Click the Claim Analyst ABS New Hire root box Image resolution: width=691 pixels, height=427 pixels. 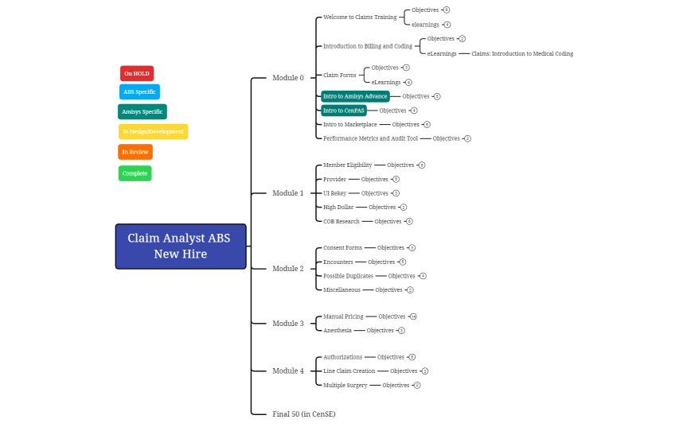coord(181,246)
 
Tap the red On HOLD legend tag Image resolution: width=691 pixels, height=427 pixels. coord(137,73)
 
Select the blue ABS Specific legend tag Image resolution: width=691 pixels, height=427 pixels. coord(139,91)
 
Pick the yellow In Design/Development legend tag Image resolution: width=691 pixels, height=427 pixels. coord(154,131)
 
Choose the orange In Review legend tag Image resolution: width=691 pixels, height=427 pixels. coord(135,151)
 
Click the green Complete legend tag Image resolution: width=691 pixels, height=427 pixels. coord(135,173)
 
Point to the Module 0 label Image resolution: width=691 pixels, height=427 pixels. coord(288,78)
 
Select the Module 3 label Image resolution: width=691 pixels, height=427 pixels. coord(288,324)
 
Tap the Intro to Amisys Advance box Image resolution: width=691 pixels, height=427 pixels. coord(355,96)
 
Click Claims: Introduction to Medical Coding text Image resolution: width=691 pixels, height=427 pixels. coord(522,54)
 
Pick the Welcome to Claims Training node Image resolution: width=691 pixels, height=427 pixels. coord(359,17)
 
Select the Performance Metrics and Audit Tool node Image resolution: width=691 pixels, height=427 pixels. coord(370,138)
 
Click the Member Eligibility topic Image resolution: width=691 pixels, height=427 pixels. coord(347,165)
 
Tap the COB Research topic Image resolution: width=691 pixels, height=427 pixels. coord(342,221)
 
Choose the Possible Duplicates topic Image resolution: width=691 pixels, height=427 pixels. coord(348,276)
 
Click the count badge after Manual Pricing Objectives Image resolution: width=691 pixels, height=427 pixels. coord(413,316)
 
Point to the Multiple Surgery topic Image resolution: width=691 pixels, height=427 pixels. coord(345,385)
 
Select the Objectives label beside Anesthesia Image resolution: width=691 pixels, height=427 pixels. coord(381,330)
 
